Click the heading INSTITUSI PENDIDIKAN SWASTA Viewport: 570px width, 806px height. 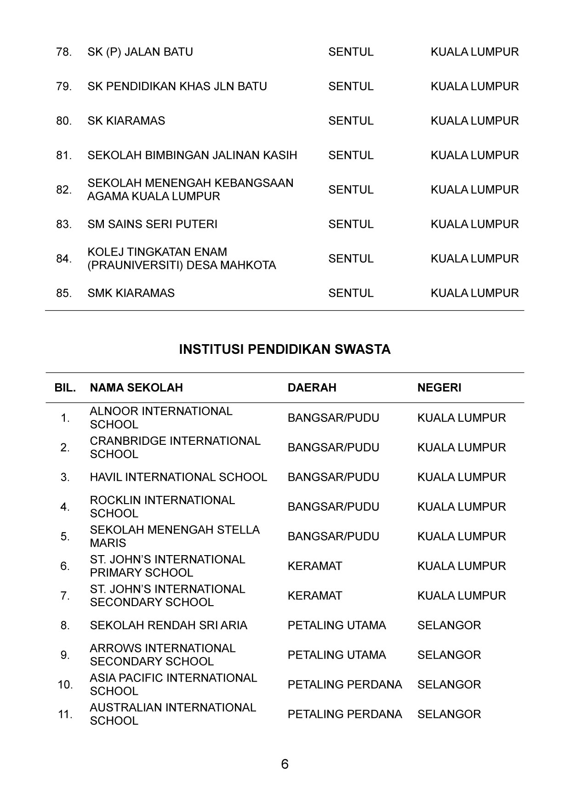[x=285, y=350]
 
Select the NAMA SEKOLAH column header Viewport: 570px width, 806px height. [x=136, y=388]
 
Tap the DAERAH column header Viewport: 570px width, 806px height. [x=312, y=388]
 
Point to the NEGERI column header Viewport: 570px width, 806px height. [x=439, y=388]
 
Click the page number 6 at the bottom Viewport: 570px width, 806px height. [x=285, y=764]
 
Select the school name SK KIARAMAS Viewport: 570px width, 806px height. [x=126, y=121]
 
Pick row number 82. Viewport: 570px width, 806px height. [x=64, y=190]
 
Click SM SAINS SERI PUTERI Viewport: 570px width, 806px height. [x=152, y=224]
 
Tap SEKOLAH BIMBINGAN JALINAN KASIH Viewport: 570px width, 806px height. [x=192, y=155]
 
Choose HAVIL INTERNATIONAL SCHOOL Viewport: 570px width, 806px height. [x=178, y=477]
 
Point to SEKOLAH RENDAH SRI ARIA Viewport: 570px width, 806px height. [x=168, y=625]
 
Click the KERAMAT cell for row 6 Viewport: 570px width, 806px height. [x=315, y=566]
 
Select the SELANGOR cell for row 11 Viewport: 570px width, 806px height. [x=449, y=715]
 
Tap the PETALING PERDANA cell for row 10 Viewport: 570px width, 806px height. [x=345, y=685]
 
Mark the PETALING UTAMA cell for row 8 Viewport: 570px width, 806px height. [x=336, y=625]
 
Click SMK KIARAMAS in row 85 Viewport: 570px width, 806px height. [x=131, y=293]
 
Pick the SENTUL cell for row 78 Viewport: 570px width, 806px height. [x=351, y=52]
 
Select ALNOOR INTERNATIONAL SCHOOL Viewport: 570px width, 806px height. [x=161, y=418]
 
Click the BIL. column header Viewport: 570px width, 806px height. [x=65, y=388]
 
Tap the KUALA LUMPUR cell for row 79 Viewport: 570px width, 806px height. [x=474, y=86]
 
